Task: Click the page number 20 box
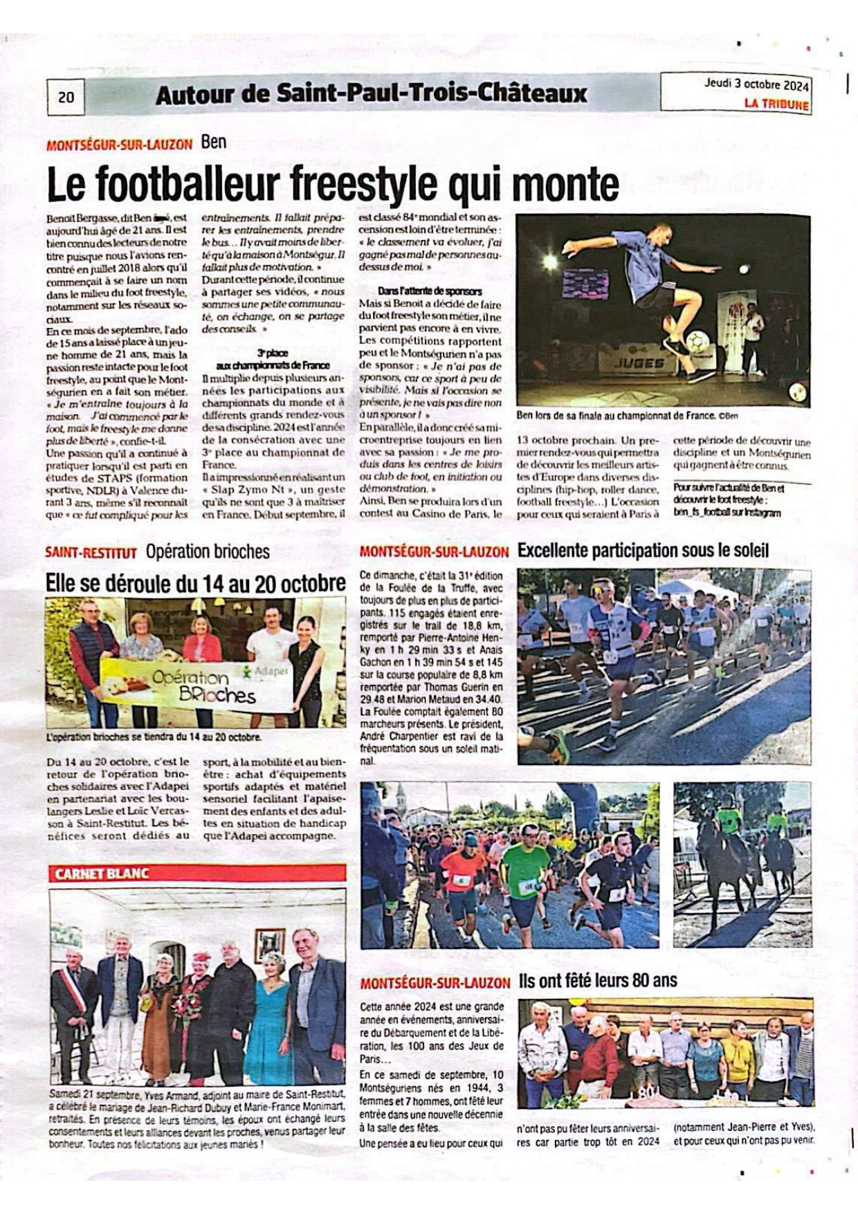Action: (x=66, y=97)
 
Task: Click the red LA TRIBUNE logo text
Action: (x=776, y=104)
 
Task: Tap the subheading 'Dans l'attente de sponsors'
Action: (x=430, y=291)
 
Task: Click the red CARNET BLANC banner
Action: (x=197, y=874)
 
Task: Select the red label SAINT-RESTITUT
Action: (x=91, y=553)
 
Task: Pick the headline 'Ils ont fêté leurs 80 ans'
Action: (x=597, y=980)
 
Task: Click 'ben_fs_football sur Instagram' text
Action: (x=727, y=513)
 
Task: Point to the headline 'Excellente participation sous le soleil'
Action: (x=643, y=551)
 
